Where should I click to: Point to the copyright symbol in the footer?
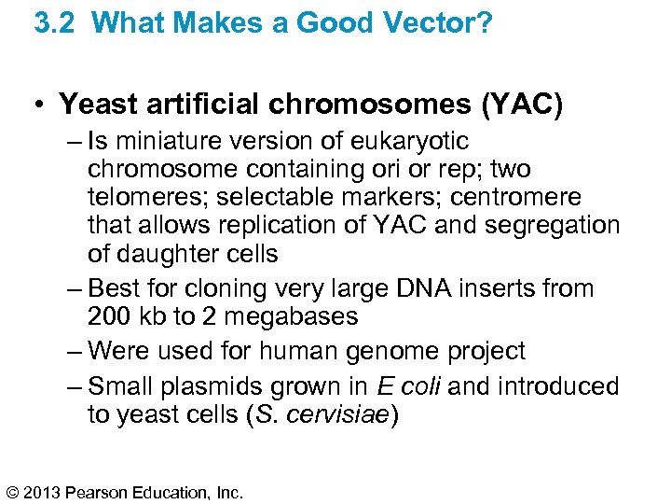click(12, 491)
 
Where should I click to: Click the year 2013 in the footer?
click(45, 491)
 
